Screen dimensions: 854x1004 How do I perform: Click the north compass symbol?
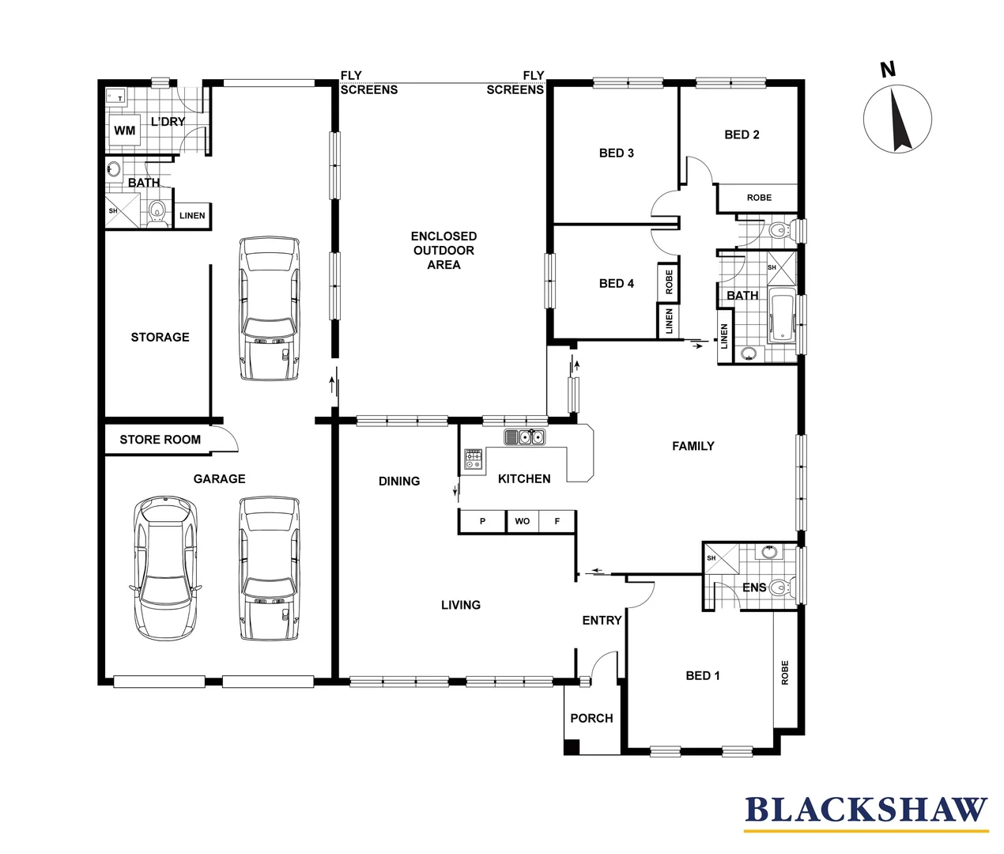tap(896, 119)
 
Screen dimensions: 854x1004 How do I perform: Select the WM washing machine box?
tap(125, 130)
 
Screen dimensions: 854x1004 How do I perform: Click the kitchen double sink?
tap(524, 436)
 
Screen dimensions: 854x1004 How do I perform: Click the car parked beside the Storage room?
tap(270, 308)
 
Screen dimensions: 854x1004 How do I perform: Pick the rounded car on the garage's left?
tap(164, 568)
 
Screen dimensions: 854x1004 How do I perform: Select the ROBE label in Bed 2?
tap(759, 198)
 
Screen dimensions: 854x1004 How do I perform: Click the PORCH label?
tap(591, 718)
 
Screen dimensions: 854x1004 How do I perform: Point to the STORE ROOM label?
tap(160, 440)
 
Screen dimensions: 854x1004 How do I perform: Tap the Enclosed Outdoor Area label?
tap(443, 250)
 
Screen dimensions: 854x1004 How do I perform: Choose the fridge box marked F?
tap(557, 521)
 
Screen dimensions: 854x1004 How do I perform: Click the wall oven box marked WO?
tap(523, 521)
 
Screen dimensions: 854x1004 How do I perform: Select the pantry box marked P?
tap(482, 521)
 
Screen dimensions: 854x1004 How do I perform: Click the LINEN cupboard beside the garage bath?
tap(192, 215)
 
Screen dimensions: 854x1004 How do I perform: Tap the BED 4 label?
tap(616, 283)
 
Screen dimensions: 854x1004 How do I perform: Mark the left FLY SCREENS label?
tap(368, 82)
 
